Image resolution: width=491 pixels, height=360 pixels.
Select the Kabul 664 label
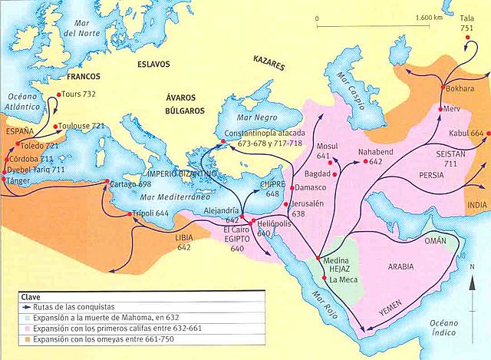466,134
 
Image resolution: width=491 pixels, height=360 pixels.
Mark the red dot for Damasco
292,187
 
